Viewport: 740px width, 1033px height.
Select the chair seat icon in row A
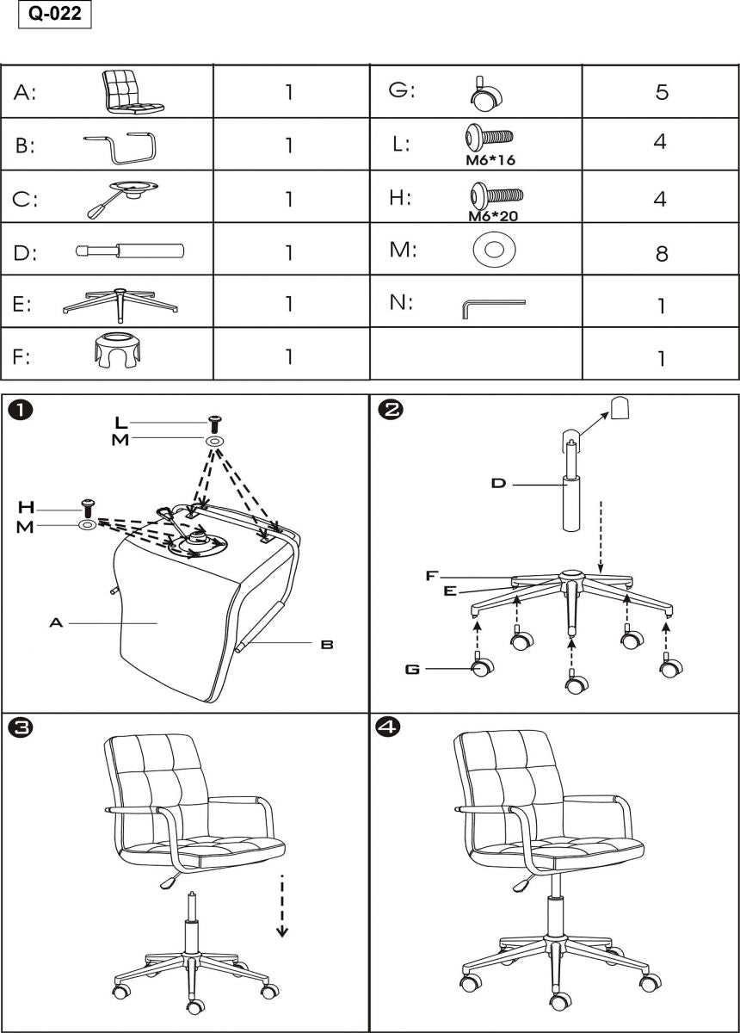[132, 91]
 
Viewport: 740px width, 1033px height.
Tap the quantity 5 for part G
[661, 91]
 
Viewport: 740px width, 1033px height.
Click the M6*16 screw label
[490, 160]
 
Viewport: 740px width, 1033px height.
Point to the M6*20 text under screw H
[493, 216]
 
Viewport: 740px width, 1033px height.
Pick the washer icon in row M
[493, 250]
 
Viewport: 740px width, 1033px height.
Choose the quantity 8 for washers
[661, 253]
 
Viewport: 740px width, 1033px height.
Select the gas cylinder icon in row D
[130, 251]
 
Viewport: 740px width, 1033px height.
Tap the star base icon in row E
[120, 303]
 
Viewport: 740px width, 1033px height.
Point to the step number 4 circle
[389, 727]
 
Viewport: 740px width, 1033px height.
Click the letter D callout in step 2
[498, 484]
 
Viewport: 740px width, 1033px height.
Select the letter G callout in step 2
[412, 669]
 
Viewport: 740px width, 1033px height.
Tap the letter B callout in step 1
[327, 644]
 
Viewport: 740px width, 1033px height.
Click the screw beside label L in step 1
[214, 424]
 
